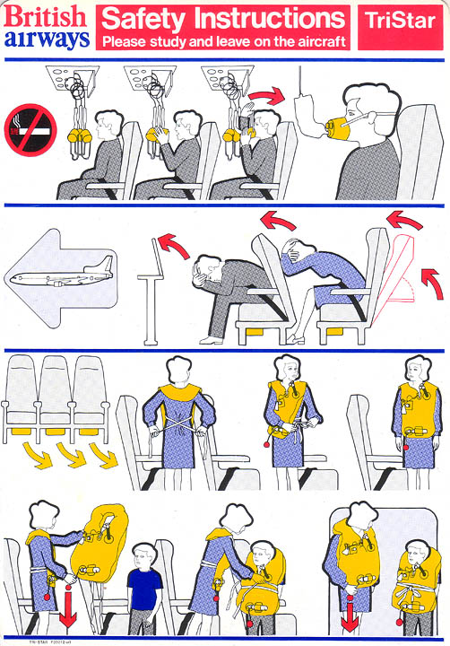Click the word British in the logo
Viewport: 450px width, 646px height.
tap(47, 15)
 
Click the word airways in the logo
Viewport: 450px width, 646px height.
tap(47, 37)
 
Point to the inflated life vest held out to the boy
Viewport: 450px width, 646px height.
tap(97, 548)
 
